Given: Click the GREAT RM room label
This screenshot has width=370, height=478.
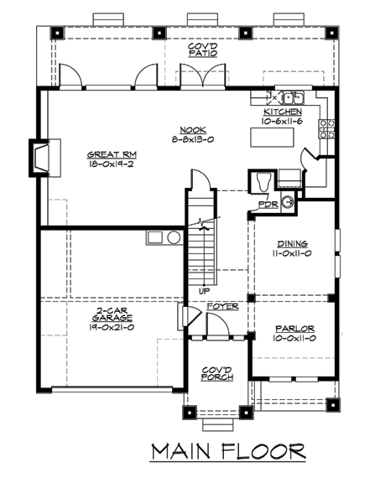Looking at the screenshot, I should point(112,154).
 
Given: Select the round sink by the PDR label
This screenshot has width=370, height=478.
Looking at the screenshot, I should point(287,200).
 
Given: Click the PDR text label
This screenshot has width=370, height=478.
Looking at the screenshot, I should point(268,204).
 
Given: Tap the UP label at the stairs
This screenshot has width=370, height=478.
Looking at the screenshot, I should point(204,290).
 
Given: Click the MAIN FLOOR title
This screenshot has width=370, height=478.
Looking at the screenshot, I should point(227,452).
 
